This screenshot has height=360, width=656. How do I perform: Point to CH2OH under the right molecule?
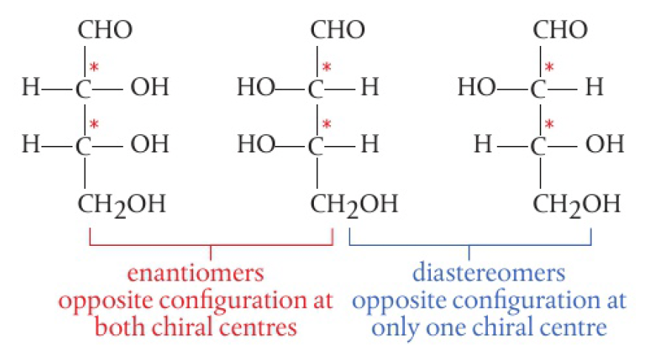coord(578,203)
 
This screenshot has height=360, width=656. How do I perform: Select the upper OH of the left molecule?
coord(149,88)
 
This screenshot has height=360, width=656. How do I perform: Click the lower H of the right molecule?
coord(482,144)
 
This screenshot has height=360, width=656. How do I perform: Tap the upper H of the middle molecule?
coord(369,88)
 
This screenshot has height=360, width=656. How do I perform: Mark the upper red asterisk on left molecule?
coord(95,68)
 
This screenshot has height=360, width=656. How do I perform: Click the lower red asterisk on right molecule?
coord(549,124)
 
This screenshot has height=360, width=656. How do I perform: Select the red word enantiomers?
coord(195,273)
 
